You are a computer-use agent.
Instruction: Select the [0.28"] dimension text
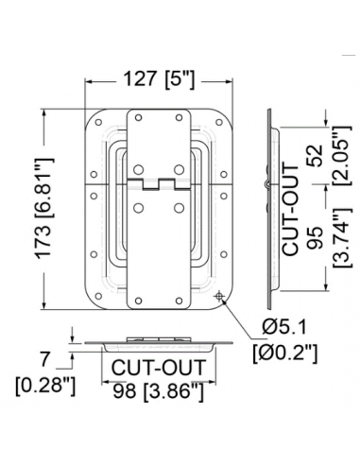click(45, 385)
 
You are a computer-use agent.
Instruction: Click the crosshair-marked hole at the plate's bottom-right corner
click(220, 297)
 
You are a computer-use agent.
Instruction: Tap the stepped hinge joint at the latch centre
click(157, 181)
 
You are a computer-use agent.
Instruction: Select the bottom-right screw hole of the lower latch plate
click(177, 301)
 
